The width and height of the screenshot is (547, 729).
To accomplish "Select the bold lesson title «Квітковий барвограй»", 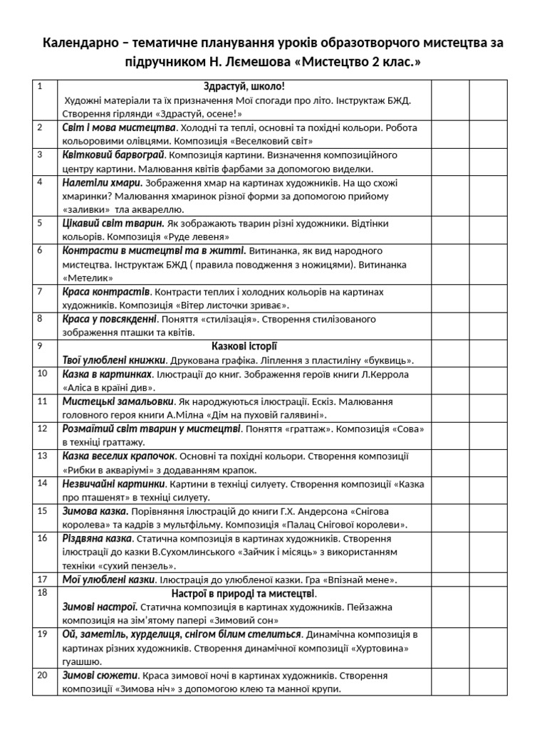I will coord(114,155).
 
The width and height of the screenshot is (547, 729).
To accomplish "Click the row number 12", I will coord(42,429).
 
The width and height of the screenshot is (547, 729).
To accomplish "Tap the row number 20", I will coord(42,675).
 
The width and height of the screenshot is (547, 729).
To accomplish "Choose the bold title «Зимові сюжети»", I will coord(100,676).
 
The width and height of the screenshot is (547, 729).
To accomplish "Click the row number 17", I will coord(42,579).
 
